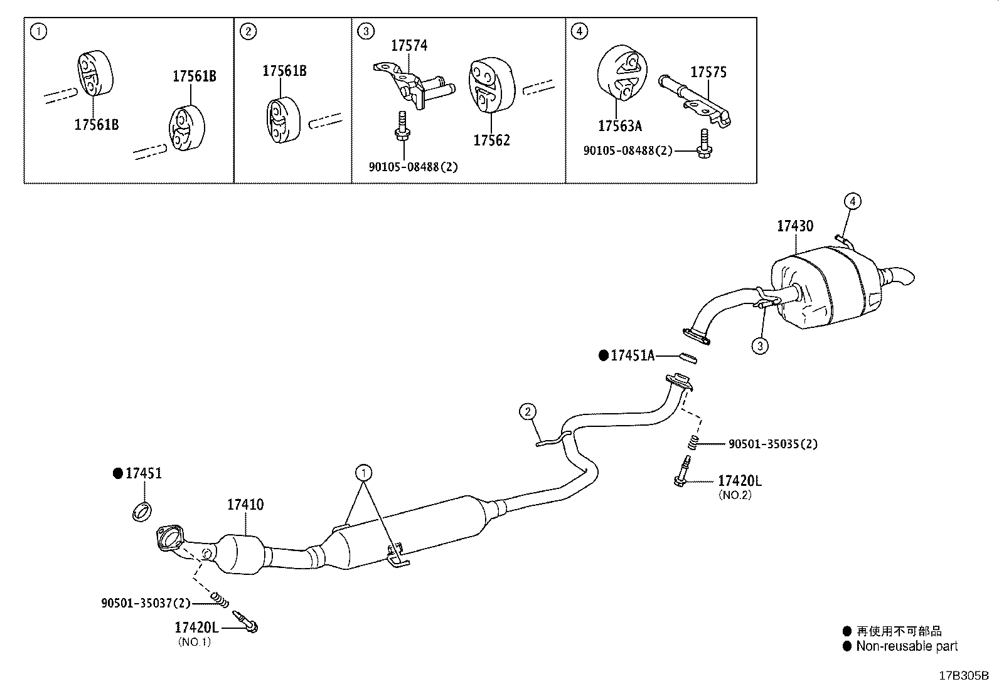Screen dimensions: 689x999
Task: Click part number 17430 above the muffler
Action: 794,226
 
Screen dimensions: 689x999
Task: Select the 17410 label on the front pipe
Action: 245,504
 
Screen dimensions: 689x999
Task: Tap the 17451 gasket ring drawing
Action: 142,511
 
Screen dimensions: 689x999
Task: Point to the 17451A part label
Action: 632,356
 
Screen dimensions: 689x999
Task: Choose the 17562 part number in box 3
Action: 491,140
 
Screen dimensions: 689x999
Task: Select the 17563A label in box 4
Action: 619,126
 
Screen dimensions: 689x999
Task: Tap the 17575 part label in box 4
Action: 708,72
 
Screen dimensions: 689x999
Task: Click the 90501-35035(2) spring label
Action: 772,444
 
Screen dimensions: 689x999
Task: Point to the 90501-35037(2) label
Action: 145,602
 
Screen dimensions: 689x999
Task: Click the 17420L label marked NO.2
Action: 739,481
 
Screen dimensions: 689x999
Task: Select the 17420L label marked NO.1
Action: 196,627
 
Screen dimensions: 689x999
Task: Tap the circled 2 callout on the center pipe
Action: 528,412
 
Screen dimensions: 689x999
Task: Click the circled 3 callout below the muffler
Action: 759,345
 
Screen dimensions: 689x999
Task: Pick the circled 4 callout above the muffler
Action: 852,201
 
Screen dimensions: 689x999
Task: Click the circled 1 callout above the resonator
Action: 362,472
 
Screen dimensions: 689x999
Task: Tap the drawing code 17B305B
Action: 963,676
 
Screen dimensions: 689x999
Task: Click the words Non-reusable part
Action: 907,646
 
